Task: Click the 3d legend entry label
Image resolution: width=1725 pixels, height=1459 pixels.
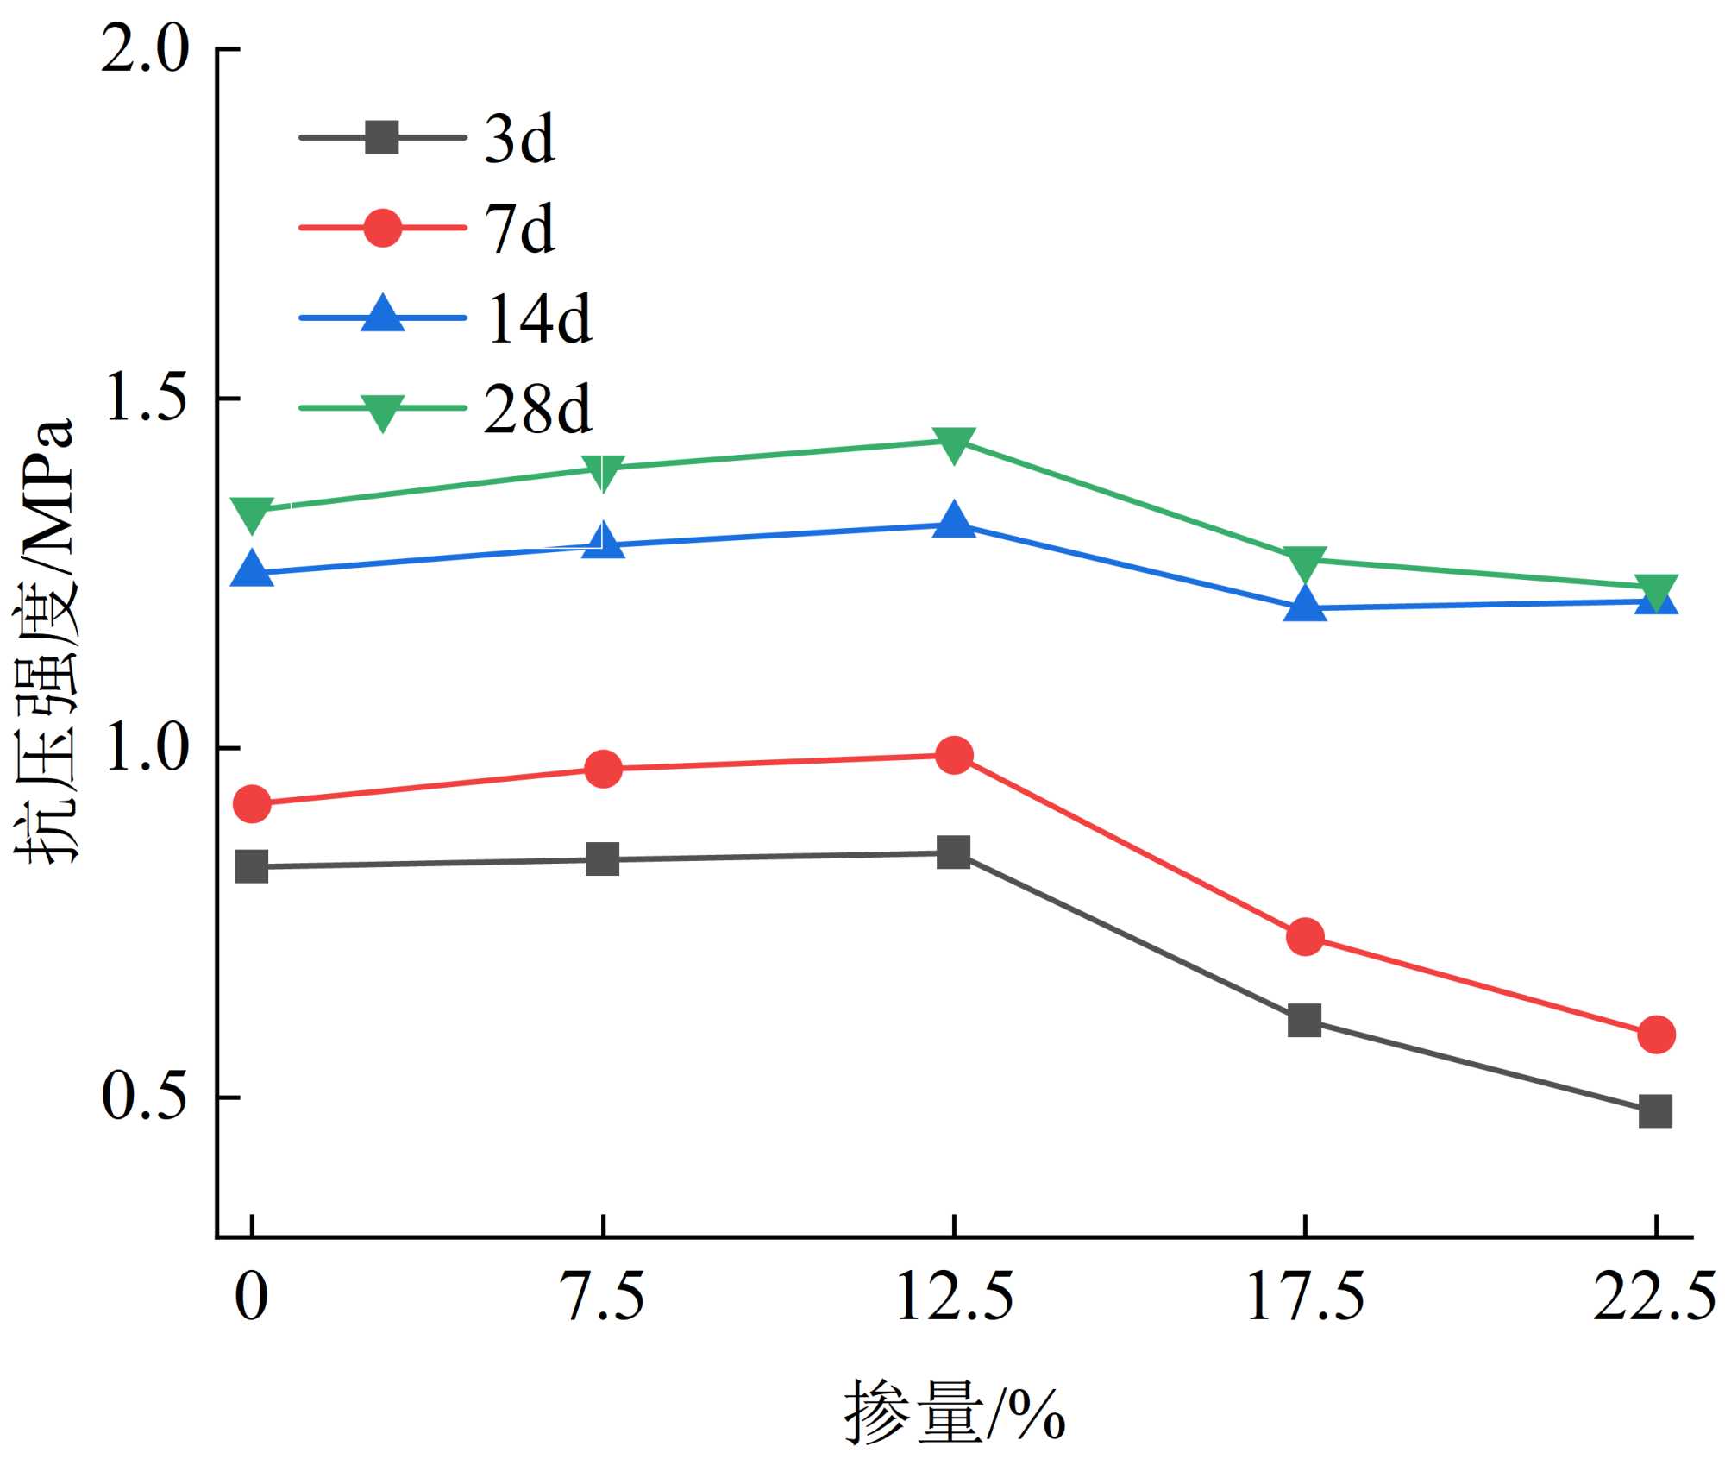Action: (519, 139)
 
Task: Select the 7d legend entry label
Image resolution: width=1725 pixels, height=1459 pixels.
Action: (519, 230)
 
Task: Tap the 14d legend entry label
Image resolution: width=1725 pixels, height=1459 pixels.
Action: (539, 319)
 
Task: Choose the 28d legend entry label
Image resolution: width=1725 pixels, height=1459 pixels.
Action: (537, 409)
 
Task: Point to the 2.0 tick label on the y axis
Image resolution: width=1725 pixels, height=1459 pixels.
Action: (144, 49)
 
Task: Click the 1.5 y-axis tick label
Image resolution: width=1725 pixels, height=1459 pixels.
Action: (144, 399)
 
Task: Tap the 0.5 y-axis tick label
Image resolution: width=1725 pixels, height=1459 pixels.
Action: (144, 1097)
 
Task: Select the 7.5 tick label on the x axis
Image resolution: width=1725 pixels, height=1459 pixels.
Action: (603, 1298)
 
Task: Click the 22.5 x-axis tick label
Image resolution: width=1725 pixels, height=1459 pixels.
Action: (1653, 1298)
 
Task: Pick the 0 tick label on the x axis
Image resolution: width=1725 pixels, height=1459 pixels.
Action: (251, 1298)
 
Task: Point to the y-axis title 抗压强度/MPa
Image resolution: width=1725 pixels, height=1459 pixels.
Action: (45, 642)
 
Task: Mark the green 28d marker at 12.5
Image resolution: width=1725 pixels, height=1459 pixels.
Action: (954, 443)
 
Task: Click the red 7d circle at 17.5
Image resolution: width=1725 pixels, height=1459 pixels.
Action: (1305, 937)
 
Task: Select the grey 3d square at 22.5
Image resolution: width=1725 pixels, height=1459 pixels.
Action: (1655, 1112)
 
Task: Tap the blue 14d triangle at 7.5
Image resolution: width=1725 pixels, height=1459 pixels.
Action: (603, 541)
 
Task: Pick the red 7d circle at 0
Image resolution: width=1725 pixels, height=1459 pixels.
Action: (252, 804)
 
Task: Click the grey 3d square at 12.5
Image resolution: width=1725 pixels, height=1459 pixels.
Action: (954, 852)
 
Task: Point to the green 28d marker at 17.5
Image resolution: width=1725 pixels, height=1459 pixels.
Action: (1305, 563)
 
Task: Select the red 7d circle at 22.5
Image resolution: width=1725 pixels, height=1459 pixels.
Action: (1655, 1034)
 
